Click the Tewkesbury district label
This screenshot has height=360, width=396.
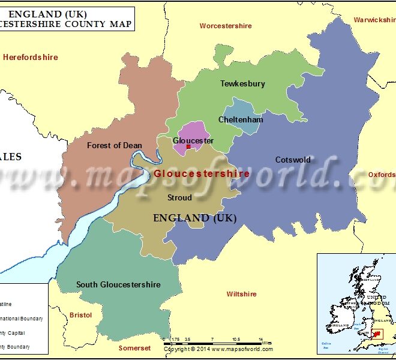[242, 83]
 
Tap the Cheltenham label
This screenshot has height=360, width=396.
[241, 119]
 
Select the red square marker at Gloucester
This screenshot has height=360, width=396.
[188, 146]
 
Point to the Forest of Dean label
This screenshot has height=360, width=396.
[115, 145]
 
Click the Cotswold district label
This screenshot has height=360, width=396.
[293, 160]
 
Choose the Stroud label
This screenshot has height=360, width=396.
[179, 197]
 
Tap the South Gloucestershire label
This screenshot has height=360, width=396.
[118, 284]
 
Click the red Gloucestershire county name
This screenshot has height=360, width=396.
[202, 173]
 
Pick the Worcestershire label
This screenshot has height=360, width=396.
[226, 26]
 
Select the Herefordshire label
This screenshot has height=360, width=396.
[31, 57]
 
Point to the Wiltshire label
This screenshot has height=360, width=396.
[241, 294]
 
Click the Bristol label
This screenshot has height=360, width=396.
[80, 315]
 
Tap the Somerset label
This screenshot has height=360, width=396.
[134, 348]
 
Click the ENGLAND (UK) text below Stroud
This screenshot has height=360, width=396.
[195, 218]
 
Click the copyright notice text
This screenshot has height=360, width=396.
[218, 349]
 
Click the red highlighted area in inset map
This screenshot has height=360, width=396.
[377, 334]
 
